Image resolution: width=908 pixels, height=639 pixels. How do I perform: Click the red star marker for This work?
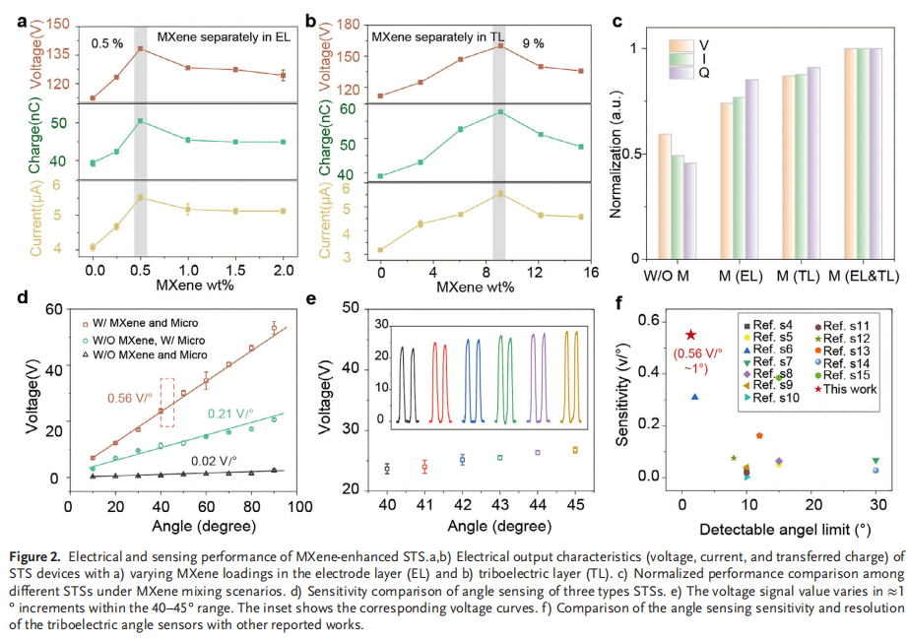pyautogui.click(x=690, y=336)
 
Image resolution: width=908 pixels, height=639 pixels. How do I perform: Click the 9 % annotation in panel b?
pyautogui.click(x=534, y=43)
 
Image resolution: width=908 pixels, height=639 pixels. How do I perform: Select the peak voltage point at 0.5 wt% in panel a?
pyautogui.click(x=140, y=48)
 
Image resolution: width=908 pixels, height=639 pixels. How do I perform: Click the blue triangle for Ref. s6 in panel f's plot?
pyautogui.click(x=695, y=396)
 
